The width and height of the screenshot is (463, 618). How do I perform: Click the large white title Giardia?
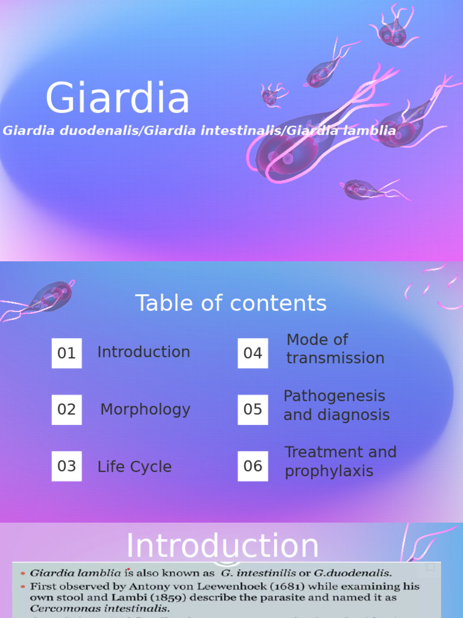point(118,98)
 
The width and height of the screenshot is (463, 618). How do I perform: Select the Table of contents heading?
point(231,303)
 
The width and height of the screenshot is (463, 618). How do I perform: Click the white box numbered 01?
point(66,353)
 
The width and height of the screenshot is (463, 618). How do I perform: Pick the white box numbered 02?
point(66,410)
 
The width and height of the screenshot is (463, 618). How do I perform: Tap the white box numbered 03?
point(66,467)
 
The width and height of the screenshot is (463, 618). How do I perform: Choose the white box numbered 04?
point(253,353)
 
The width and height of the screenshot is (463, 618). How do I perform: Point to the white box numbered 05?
point(253,410)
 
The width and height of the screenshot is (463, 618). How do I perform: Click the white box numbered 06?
point(253,467)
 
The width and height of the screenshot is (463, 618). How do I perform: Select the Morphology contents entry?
point(145,410)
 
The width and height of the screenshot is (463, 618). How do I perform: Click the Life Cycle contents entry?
point(134,467)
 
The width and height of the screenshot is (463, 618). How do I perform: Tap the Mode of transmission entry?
point(335,349)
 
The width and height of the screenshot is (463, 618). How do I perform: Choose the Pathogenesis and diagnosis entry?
point(336,406)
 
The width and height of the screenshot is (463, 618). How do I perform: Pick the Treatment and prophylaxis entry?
point(341,462)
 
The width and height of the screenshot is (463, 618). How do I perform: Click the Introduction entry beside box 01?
point(143,352)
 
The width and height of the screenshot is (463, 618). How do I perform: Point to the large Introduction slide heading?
point(222,546)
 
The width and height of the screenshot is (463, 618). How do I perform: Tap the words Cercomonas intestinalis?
point(100,609)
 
